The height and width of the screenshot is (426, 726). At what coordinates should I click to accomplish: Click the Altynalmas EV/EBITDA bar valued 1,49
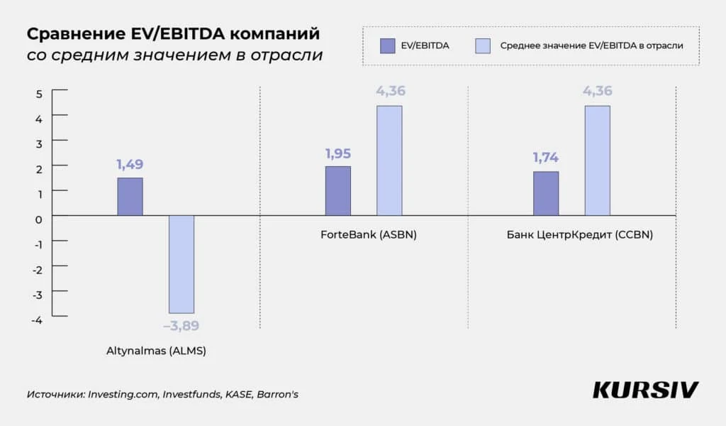[x=130, y=197]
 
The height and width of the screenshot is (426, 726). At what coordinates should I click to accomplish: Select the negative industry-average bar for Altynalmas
[x=181, y=264]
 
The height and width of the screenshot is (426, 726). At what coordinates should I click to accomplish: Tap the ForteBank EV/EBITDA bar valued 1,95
[x=337, y=191]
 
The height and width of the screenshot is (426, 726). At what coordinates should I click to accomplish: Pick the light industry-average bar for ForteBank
[x=389, y=160]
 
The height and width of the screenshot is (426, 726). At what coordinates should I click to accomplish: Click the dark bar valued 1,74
[x=545, y=193]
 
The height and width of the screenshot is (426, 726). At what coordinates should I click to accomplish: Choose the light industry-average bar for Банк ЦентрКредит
[x=597, y=160]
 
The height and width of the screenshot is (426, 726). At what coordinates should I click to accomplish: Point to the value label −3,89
[x=181, y=327]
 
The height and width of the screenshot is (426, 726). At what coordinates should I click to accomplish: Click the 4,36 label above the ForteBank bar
[x=389, y=91]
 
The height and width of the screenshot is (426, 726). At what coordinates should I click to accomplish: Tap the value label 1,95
[x=337, y=153]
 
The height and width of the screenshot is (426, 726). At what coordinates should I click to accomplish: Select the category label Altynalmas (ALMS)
[x=156, y=351]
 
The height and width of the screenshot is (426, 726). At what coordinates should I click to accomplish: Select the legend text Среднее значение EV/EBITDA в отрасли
[x=591, y=46]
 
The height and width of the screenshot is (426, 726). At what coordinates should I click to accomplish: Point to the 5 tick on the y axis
[x=40, y=94]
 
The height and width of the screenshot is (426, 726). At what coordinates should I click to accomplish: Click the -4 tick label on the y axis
[x=38, y=320]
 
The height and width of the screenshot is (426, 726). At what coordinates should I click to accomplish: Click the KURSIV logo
[x=645, y=390]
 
